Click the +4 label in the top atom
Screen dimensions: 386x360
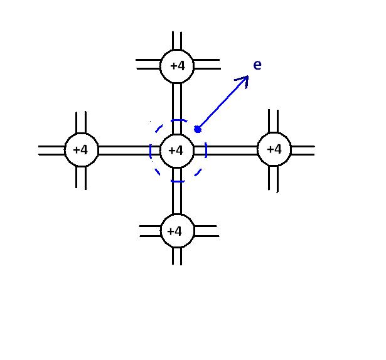(x=177, y=65)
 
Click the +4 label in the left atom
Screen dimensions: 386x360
(x=81, y=151)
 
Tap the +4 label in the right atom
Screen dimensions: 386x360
(x=274, y=150)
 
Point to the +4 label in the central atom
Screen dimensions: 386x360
(x=177, y=151)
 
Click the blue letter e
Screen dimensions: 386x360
(x=257, y=65)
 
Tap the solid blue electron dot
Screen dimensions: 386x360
(x=198, y=129)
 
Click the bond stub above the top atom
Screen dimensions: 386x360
(x=177, y=40)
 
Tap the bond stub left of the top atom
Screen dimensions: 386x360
(x=148, y=64)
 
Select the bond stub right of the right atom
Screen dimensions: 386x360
(x=303, y=151)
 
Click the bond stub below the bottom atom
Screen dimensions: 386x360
(x=177, y=256)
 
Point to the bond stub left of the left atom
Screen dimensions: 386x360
(x=51, y=151)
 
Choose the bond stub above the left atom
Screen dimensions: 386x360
(x=81, y=123)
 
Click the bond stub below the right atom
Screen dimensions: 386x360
(x=274, y=179)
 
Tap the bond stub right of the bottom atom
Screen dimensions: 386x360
(x=206, y=231)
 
